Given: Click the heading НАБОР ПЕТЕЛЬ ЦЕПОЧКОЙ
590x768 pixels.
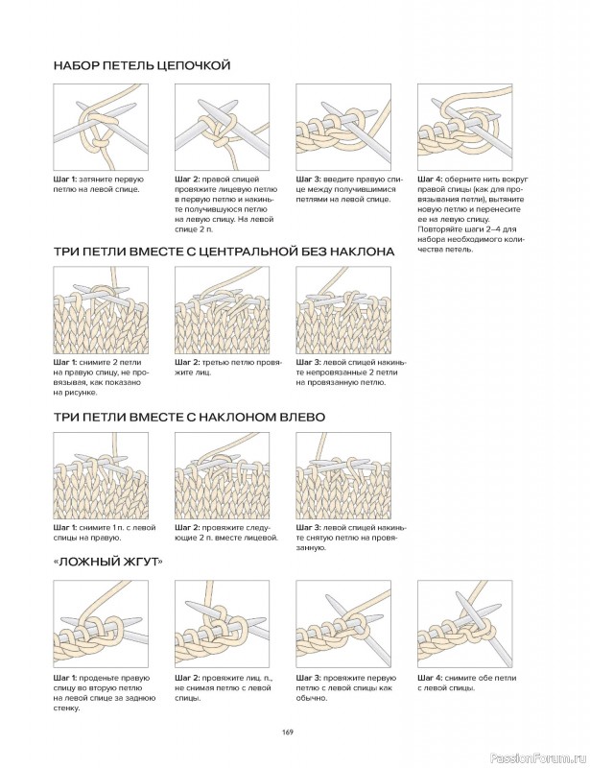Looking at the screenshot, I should click(x=142, y=65).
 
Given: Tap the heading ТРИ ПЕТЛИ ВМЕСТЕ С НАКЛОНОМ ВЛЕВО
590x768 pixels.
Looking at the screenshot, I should click(x=189, y=418).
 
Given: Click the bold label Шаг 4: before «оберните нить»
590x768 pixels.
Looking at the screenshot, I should click(x=433, y=180).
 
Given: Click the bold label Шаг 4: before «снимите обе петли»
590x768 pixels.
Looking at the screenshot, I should click(x=433, y=678).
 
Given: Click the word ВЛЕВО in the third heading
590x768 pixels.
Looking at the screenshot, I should click(x=299, y=418).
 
